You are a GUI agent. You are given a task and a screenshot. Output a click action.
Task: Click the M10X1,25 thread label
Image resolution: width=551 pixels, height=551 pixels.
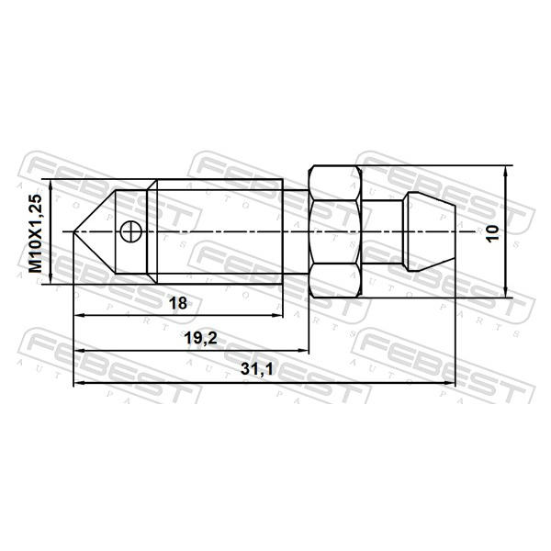pyautogui.click(x=36, y=233)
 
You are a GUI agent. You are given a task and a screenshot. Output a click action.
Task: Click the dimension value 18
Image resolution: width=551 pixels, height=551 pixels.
pyautogui.click(x=178, y=303)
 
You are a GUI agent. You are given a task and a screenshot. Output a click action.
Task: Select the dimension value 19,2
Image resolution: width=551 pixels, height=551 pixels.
pyautogui.click(x=200, y=338)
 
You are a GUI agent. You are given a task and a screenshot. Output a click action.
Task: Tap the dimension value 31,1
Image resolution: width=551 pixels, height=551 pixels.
pyautogui.click(x=257, y=369)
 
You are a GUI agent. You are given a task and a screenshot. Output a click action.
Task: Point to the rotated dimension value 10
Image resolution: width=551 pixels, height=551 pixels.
pyautogui.click(x=492, y=232)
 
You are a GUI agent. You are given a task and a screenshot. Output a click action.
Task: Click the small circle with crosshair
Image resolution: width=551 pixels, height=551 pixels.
pyautogui.click(x=130, y=231)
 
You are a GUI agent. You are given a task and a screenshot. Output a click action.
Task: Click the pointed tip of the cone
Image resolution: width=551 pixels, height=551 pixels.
pyautogui.click(x=73, y=231)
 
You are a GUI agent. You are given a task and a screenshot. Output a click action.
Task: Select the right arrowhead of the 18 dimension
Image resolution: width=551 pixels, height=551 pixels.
pyautogui.click(x=278, y=316)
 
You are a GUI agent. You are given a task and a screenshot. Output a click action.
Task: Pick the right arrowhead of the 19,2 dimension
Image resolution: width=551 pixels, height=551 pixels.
pyautogui.click(x=303, y=351)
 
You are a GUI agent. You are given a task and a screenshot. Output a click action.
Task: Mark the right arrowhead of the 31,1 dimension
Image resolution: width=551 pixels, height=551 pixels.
pyautogui.click(x=450, y=383)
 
